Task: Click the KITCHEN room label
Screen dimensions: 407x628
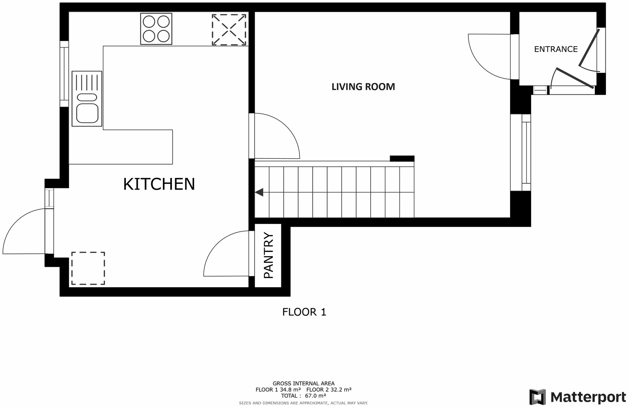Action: point(159,184)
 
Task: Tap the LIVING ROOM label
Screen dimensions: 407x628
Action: point(363,87)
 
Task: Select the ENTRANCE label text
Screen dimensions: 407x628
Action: point(556,49)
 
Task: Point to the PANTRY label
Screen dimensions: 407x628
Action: point(268,255)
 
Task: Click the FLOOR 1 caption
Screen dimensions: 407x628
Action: point(304,312)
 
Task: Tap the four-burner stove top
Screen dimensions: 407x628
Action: point(156,29)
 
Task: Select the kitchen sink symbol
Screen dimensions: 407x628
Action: point(87,98)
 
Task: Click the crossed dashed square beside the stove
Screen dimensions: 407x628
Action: point(229,30)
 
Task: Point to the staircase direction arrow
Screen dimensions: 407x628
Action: point(259,192)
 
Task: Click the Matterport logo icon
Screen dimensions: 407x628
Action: point(537,397)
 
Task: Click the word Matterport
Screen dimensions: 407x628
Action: point(588,397)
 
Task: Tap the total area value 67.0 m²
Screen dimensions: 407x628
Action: point(315,396)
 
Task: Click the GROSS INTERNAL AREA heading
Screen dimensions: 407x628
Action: point(303,383)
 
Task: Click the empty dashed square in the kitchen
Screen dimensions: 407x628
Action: point(88,268)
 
